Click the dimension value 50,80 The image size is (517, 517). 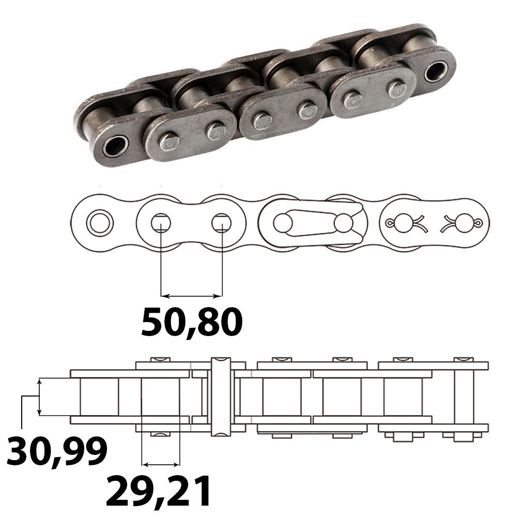192,322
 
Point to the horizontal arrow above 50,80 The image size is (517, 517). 191,296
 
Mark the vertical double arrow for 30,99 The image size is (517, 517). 39,397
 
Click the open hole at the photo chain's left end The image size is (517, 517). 115,146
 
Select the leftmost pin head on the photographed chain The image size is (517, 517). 169,141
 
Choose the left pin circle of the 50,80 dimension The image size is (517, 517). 161,223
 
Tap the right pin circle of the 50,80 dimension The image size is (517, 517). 221,223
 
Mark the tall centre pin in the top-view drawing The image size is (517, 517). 220,396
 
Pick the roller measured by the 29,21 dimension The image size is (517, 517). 161,397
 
